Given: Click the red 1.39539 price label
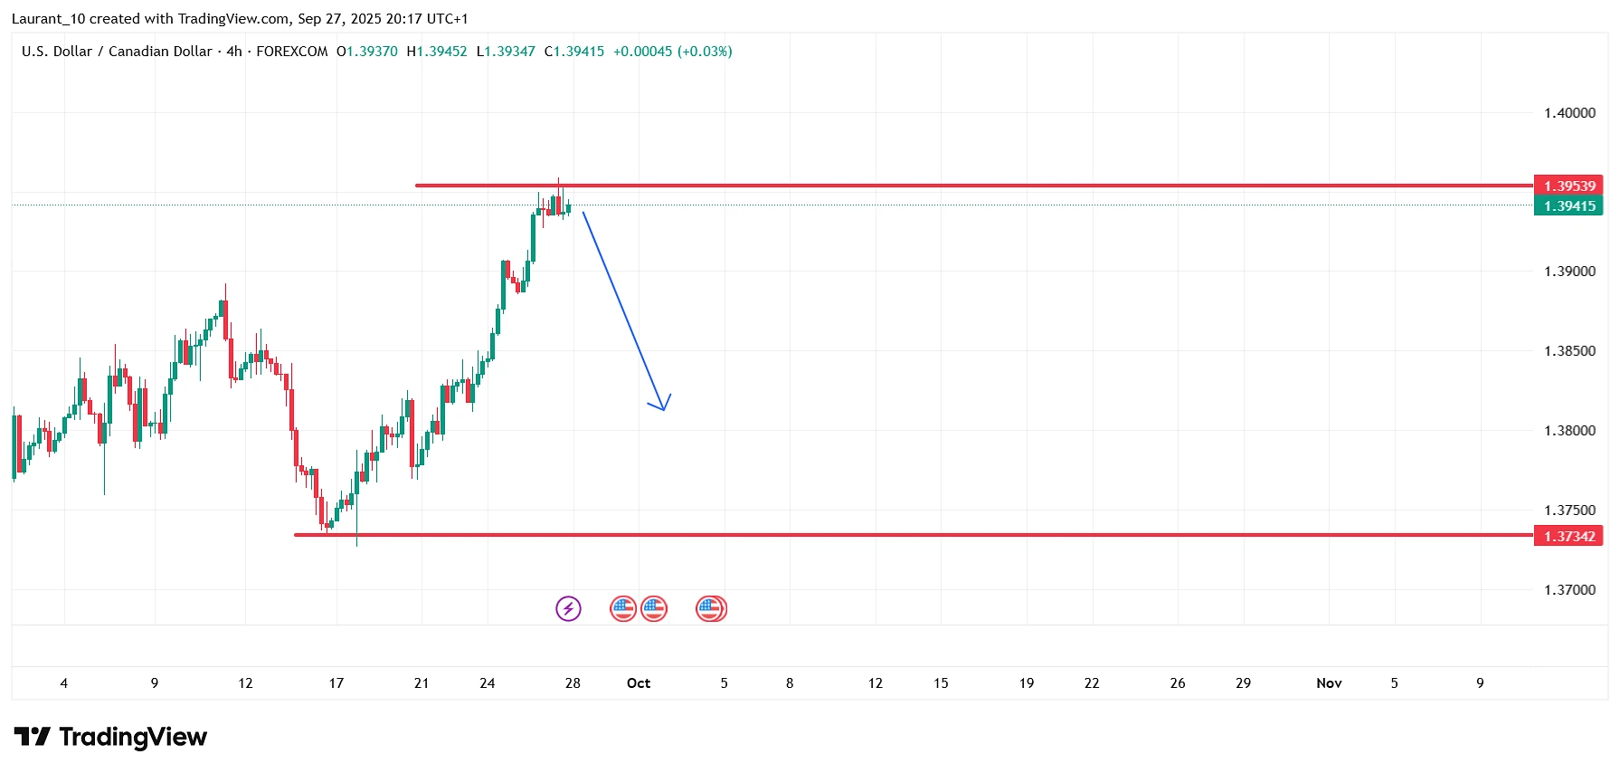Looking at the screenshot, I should click(1568, 186).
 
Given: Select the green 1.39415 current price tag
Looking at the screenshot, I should click(1568, 206).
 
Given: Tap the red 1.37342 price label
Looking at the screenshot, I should click(1568, 537).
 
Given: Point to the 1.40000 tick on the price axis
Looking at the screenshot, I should click(1569, 113).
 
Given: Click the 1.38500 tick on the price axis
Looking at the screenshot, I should click(1569, 351).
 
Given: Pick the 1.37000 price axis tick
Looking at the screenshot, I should click(1569, 590).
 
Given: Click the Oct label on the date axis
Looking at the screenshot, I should click(639, 683).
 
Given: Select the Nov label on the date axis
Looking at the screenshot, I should click(1329, 683).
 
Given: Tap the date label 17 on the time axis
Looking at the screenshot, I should click(336, 683).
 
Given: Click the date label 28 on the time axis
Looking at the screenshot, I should click(573, 683).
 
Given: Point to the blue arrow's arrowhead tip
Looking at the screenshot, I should click(664, 410).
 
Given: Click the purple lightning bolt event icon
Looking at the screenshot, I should click(568, 608).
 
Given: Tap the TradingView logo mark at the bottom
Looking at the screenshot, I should click(33, 737).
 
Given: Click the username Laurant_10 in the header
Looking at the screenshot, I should click(48, 19).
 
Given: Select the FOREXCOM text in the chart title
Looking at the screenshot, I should click(292, 52).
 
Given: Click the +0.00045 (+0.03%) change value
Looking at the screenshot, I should click(673, 52).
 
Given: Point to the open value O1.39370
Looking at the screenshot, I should click(367, 52).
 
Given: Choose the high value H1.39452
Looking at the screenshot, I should click(437, 52).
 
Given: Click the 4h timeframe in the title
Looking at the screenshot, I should click(234, 52).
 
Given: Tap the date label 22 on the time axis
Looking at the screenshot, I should click(1092, 683).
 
